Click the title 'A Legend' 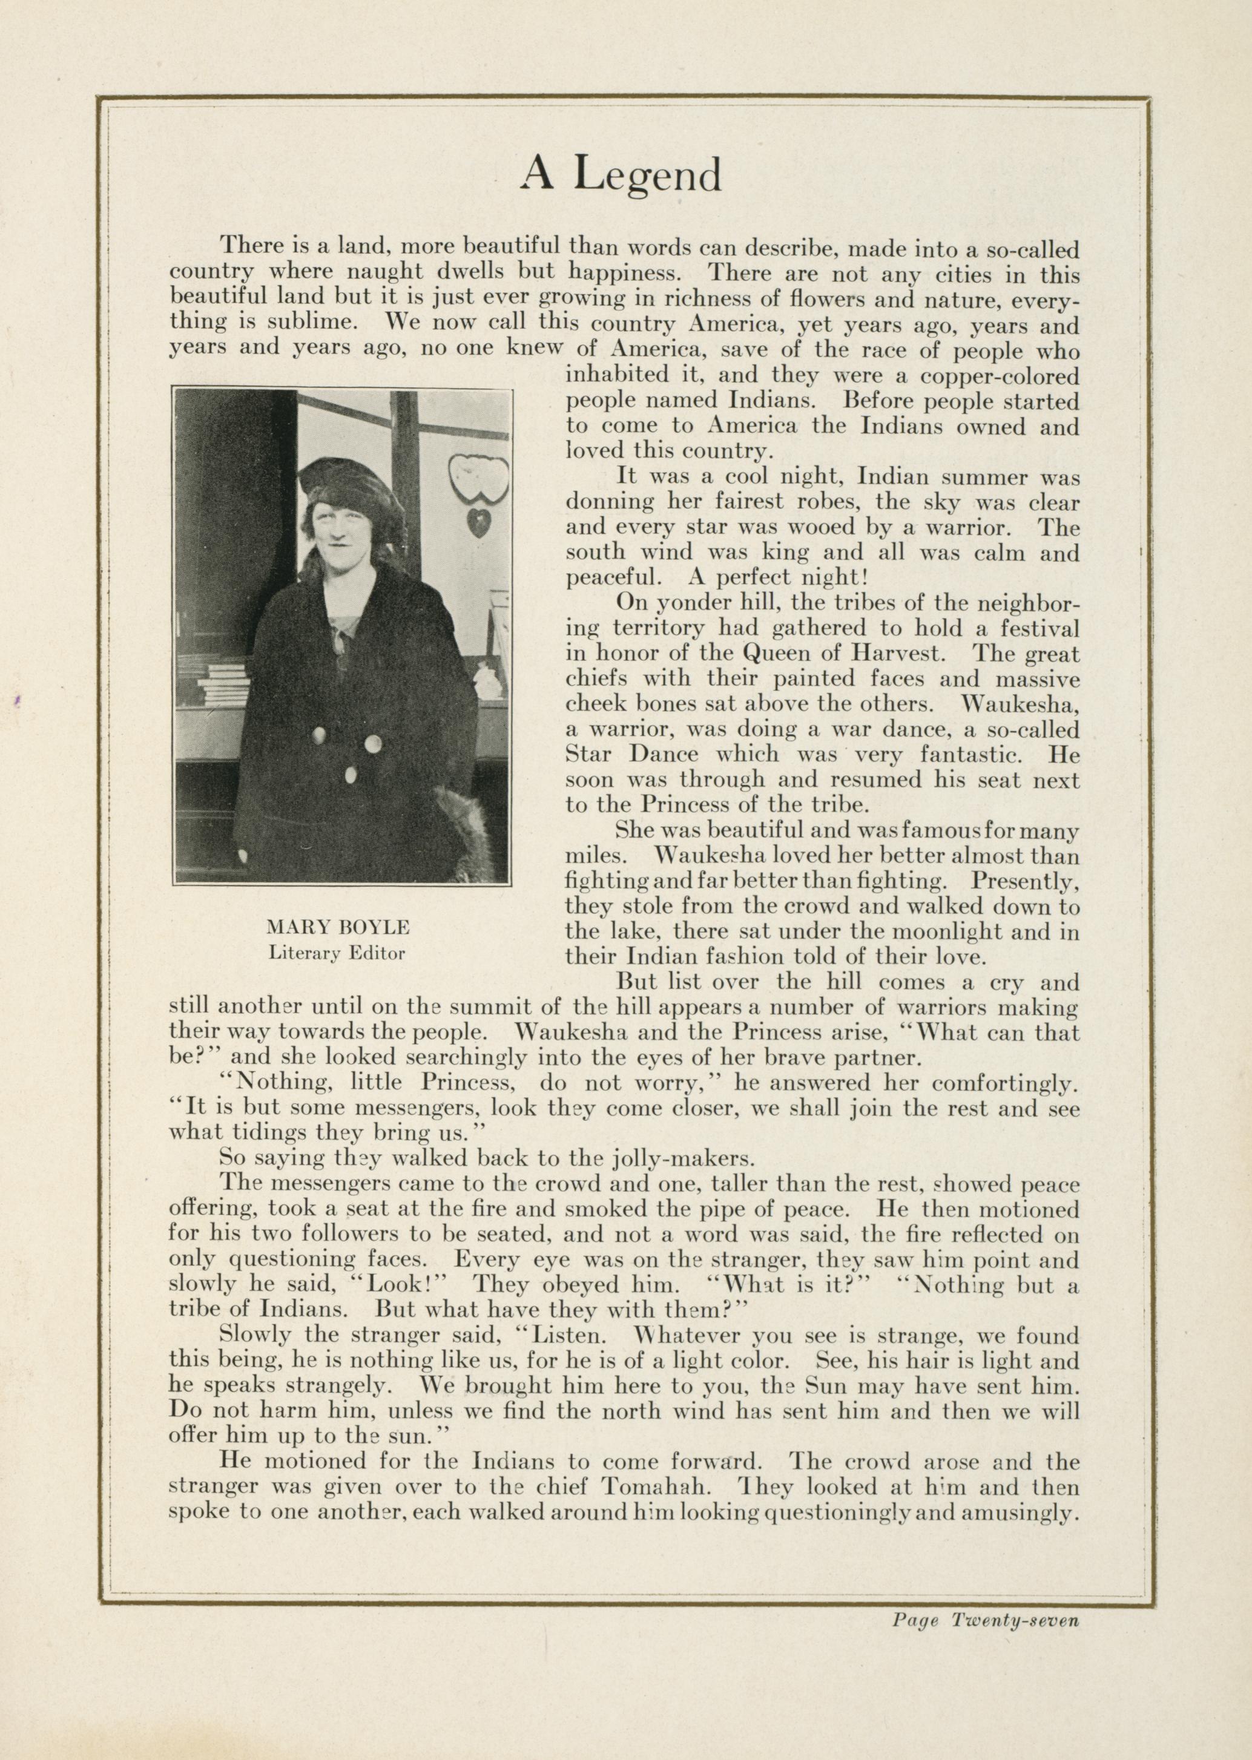[x=621, y=174]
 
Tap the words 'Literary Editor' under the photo [x=337, y=953]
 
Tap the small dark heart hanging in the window [x=476, y=524]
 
